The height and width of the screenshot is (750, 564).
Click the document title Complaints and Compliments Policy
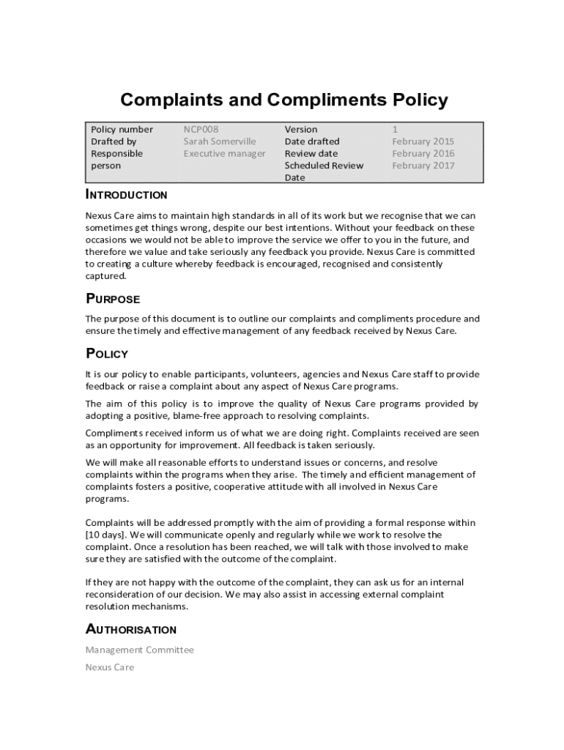click(283, 100)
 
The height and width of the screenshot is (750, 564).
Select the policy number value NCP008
click(201, 130)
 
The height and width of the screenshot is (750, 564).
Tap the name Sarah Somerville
click(220, 141)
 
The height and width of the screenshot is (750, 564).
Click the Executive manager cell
click(224, 154)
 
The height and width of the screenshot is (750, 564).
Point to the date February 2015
click(423, 141)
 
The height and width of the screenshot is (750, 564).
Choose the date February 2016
click(423, 154)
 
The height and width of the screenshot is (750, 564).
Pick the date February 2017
click(423, 166)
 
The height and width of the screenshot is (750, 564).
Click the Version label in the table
click(301, 130)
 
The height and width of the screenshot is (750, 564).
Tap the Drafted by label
click(114, 141)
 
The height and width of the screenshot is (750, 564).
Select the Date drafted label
click(312, 141)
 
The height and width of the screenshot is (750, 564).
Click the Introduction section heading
click(127, 195)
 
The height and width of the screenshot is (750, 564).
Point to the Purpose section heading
click(113, 299)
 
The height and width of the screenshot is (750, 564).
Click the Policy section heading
click(107, 354)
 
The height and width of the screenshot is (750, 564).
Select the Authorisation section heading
click(131, 629)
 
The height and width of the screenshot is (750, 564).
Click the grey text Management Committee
click(140, 650)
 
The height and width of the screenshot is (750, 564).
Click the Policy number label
click(122, 130)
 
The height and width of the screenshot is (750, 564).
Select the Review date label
click(311, 154)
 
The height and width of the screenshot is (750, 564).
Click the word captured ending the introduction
click(106, 276)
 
